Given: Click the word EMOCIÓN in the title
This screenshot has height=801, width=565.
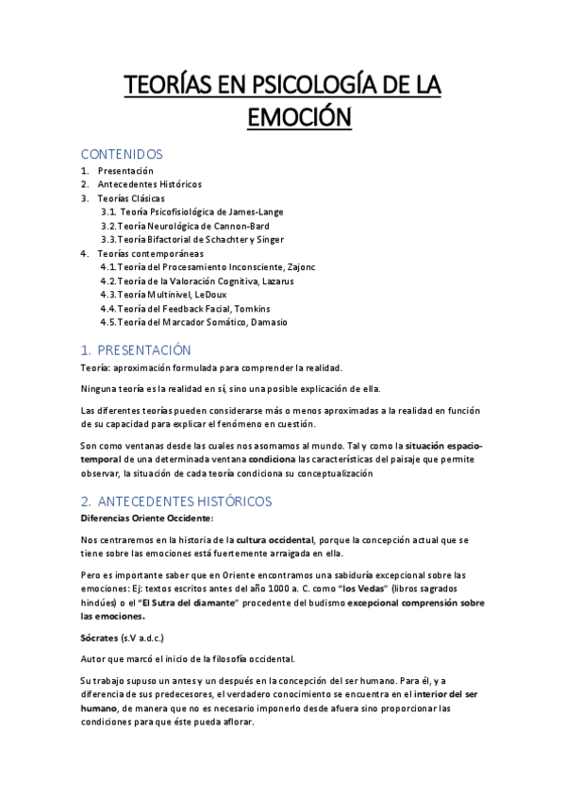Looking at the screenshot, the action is point(284,120).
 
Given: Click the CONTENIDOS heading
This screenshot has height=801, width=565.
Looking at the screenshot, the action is point(122,154).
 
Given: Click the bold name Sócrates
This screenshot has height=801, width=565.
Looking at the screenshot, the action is point(100,639).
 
